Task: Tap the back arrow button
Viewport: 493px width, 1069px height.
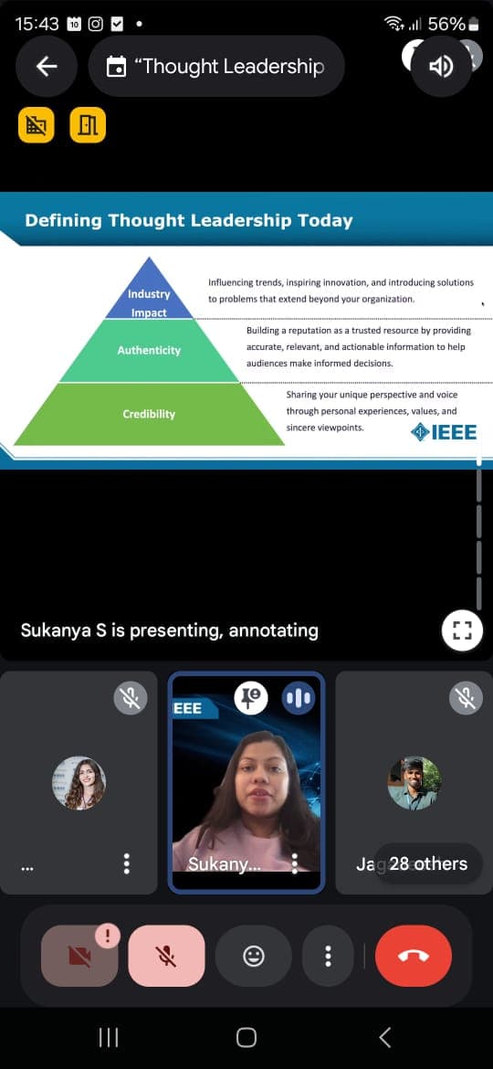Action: (x=47, y=66)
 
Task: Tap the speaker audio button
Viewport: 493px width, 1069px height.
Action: (x=441, y=66)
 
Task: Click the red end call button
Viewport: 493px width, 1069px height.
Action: (x=414, y=956)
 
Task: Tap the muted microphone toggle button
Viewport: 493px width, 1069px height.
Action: (x=166, y=956)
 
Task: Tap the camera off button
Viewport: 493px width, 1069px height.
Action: (x=79, y=956)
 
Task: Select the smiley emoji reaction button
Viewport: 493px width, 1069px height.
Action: (x=253, y=956)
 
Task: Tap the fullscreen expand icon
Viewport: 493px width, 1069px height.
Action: (x=462, y=630)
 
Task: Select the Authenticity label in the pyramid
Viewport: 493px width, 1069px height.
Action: (x=149, y=351)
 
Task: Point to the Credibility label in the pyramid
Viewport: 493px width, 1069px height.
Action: (x=149, y=414)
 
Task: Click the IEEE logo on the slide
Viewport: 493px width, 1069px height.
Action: (x=444, y=431)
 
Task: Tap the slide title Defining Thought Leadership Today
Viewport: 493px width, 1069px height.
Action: (x=189, y=220)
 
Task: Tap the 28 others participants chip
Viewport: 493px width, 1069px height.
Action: (x=428, y=863)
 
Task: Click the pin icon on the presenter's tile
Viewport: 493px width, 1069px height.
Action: (x=250, y=698)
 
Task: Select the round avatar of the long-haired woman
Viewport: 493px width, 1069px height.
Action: (x=79, y=783)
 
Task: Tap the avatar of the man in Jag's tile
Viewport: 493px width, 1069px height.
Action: (x=414, y=783)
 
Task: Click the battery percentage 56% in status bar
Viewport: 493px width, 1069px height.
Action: (x=446, y=24)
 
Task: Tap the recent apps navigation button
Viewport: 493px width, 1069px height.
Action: (x=109, y=1037)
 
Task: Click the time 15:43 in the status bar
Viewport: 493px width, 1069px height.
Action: (x=37, y=24)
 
